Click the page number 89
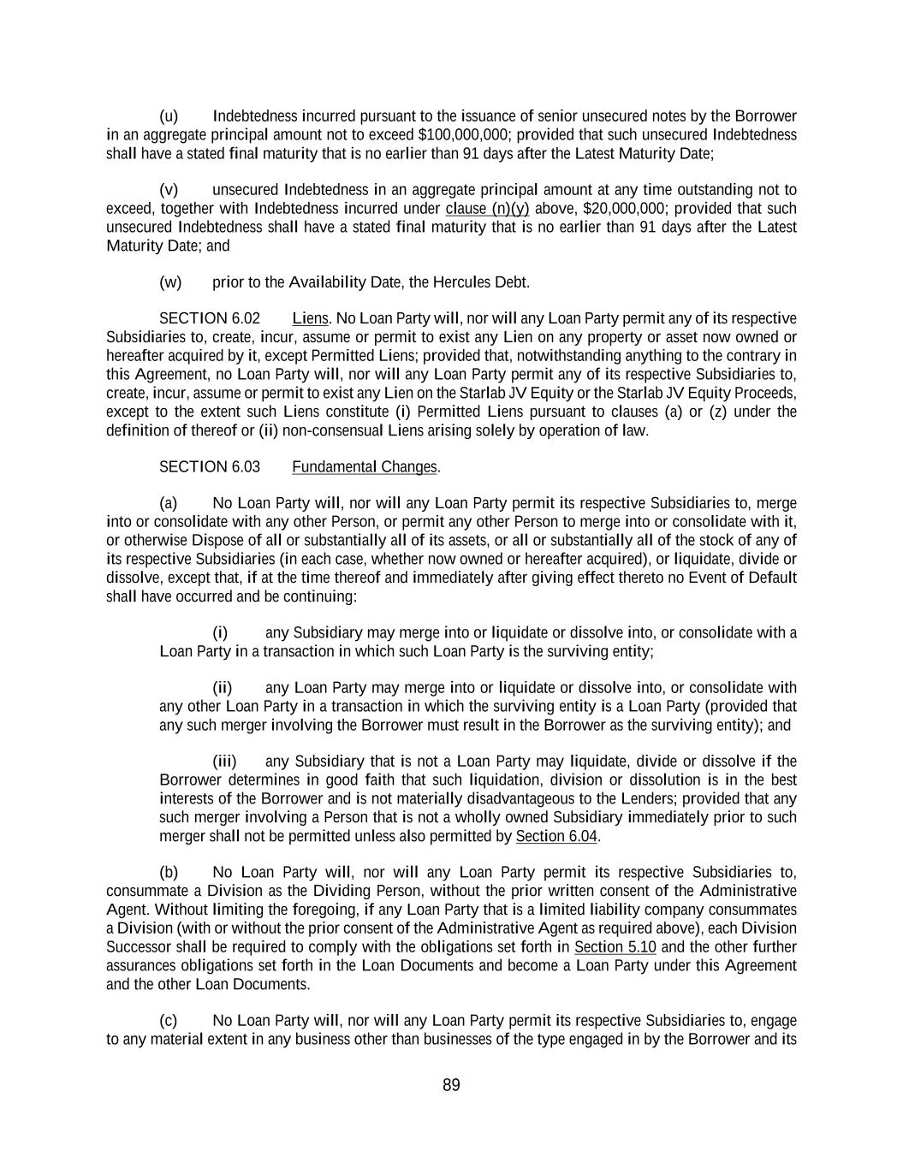coord(451,1085)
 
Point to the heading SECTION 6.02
coord(210,318)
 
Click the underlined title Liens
coord(310,318)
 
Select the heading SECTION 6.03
coord(210,466)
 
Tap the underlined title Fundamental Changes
coord(365,466)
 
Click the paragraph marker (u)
coord(169,116)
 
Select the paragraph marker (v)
coord(169,190)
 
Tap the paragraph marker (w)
coord(170,282)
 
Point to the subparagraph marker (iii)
coord(224,762)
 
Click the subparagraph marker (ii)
coord(223,688)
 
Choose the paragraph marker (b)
coord(169,873)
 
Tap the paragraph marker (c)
coord(169,1021)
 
